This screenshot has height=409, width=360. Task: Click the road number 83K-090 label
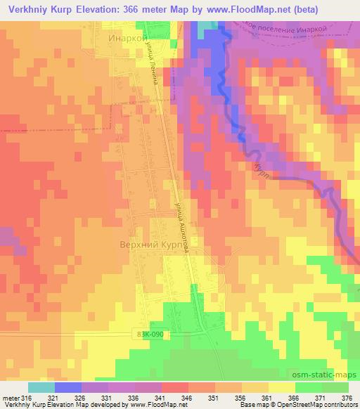click(x=148, y=335)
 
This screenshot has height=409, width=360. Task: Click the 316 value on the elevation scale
click(x=27, y=397)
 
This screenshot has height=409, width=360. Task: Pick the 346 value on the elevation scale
click(x=187, y=397)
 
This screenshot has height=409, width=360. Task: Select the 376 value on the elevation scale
click(x=347, y=397)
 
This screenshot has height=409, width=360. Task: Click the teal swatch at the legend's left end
click(x=41, y=387)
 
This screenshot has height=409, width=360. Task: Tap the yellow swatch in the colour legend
click(x=282, y=387)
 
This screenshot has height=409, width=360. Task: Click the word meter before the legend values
click(x=11, y=397)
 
